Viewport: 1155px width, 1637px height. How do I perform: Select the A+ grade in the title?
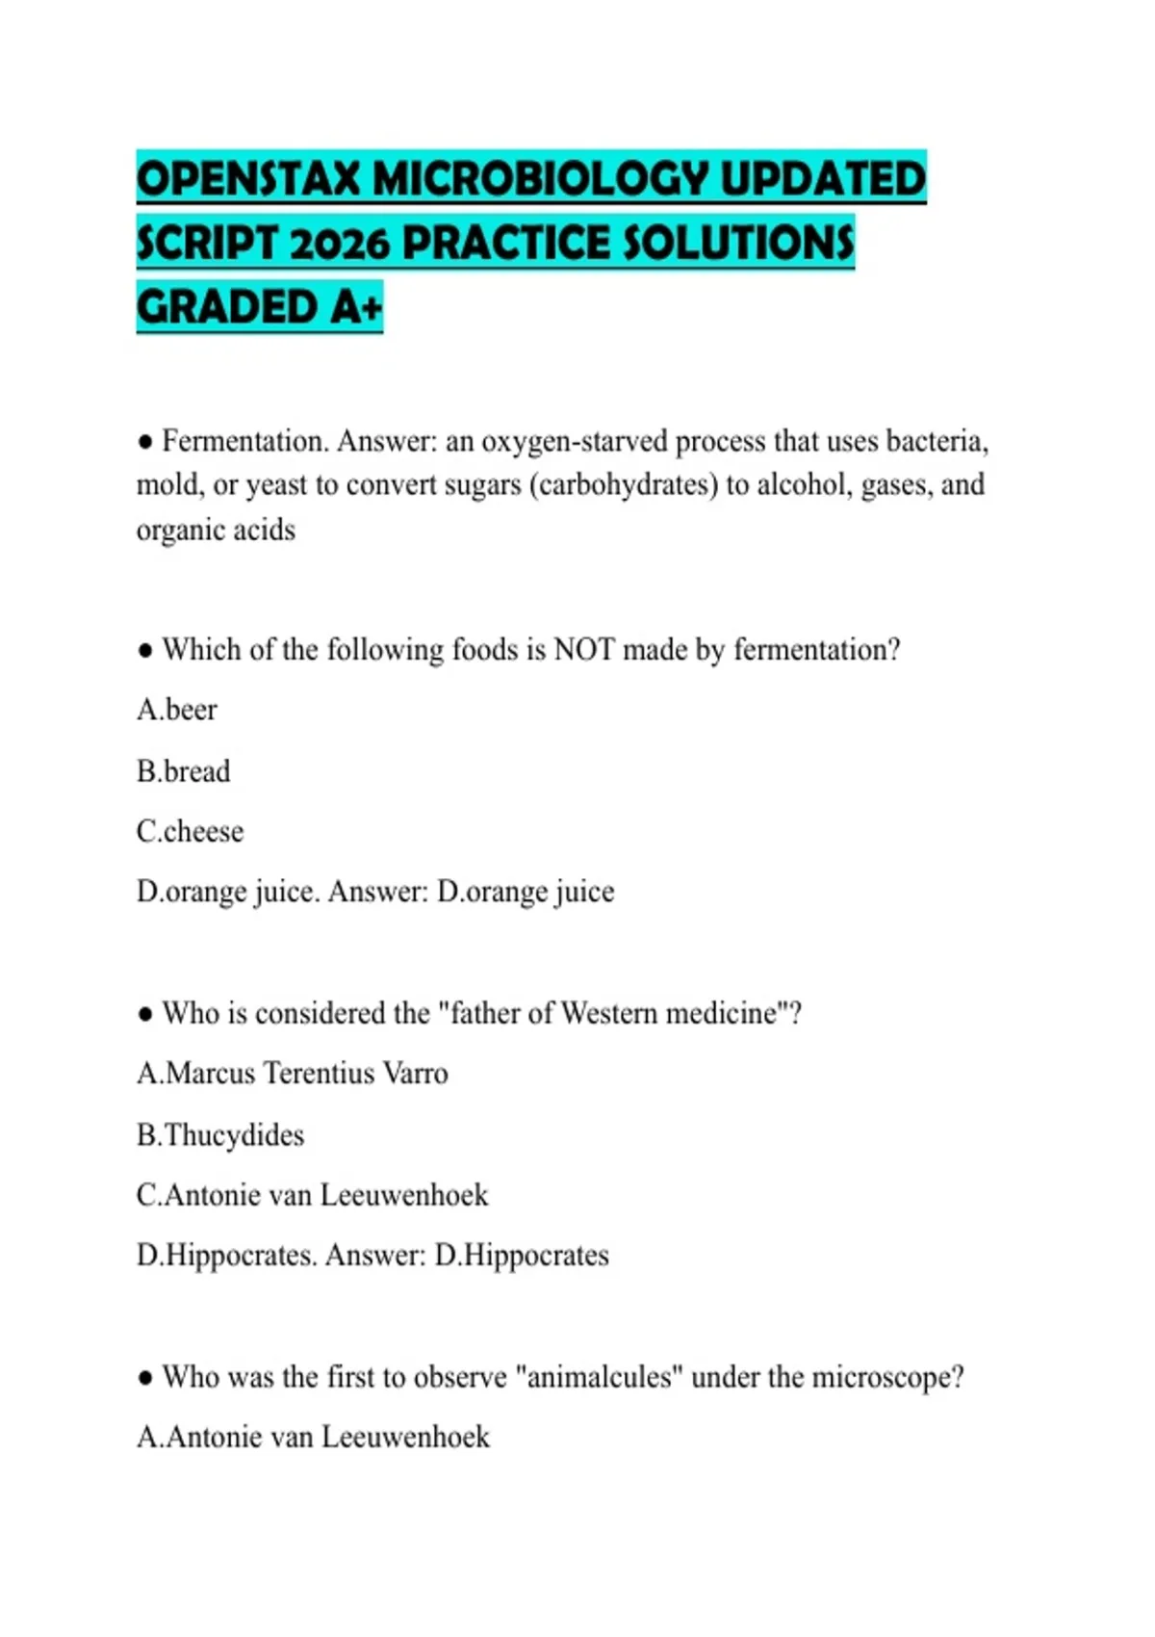[355, 307]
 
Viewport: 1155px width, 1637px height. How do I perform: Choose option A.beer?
[177, 710]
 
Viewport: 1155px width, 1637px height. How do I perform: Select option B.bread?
[184, 771]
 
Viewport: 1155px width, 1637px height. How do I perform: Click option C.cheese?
[191, 831]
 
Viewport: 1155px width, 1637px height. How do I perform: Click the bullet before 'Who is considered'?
[145, 1014]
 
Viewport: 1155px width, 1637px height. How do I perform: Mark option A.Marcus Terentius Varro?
[293, 1074]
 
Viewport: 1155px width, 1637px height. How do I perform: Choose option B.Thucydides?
[220, 1135]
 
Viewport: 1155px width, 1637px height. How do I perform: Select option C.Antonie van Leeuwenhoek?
[313, 1195]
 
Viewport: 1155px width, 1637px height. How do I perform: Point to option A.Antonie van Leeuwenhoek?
[314, 1437]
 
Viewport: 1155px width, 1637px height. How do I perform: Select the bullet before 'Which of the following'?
[145, 651]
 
